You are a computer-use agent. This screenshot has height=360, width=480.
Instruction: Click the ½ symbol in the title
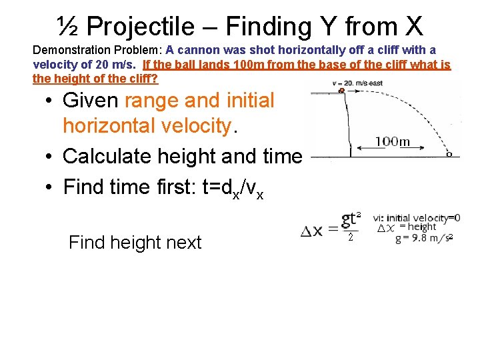(69, 27)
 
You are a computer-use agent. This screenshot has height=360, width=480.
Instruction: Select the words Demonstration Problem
(97, 50)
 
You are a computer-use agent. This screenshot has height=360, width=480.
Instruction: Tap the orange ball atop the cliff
(342, 89)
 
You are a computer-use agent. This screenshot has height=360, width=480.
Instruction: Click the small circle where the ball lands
(449, 154)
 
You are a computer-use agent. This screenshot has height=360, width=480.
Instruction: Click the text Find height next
(135, 242)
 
